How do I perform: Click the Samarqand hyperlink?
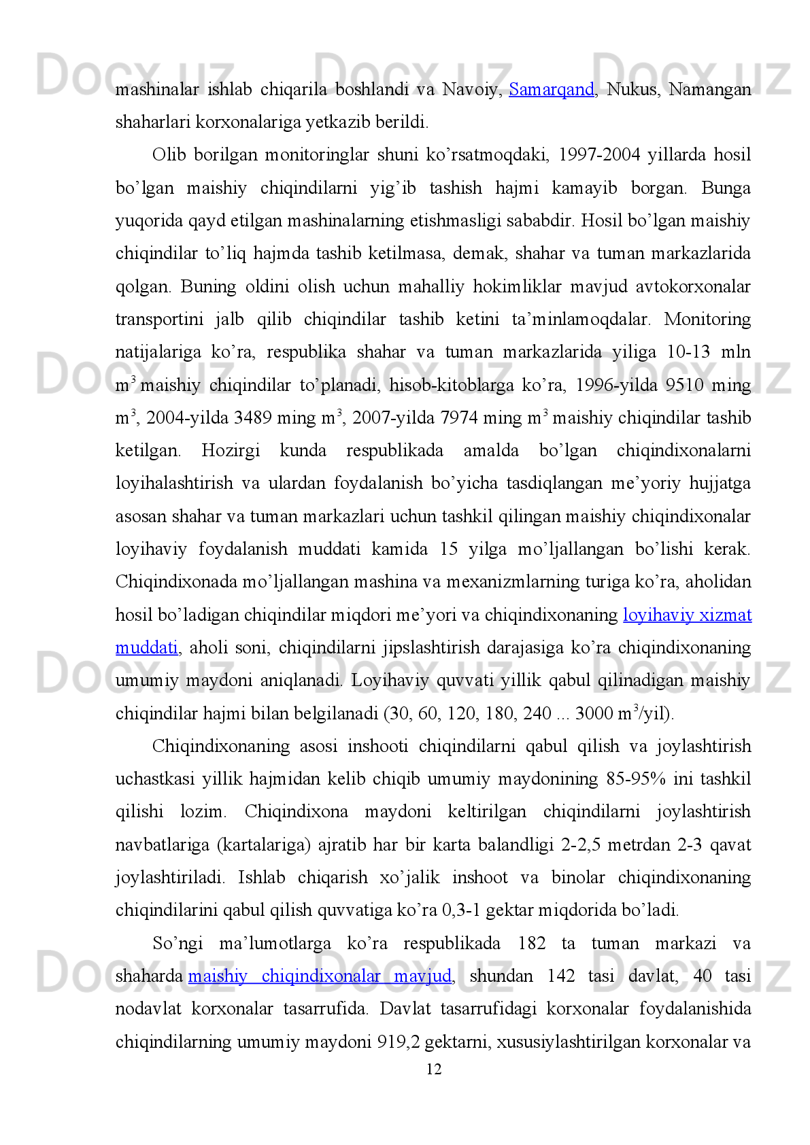tap(551, 90)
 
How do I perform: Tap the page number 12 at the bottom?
tap(433, 1070)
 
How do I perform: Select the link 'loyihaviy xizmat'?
tap(687, 615)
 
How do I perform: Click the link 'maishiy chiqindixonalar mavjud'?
tap(320, 976)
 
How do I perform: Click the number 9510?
tap(684, 386)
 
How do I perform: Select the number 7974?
tap(459, 418)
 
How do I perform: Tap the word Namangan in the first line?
tap(710, 90)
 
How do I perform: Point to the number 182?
tap(531, 944)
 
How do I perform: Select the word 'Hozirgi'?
tap(230, 451)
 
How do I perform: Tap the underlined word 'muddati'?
tap(146, 648)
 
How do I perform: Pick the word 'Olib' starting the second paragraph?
tap(169, 155)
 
